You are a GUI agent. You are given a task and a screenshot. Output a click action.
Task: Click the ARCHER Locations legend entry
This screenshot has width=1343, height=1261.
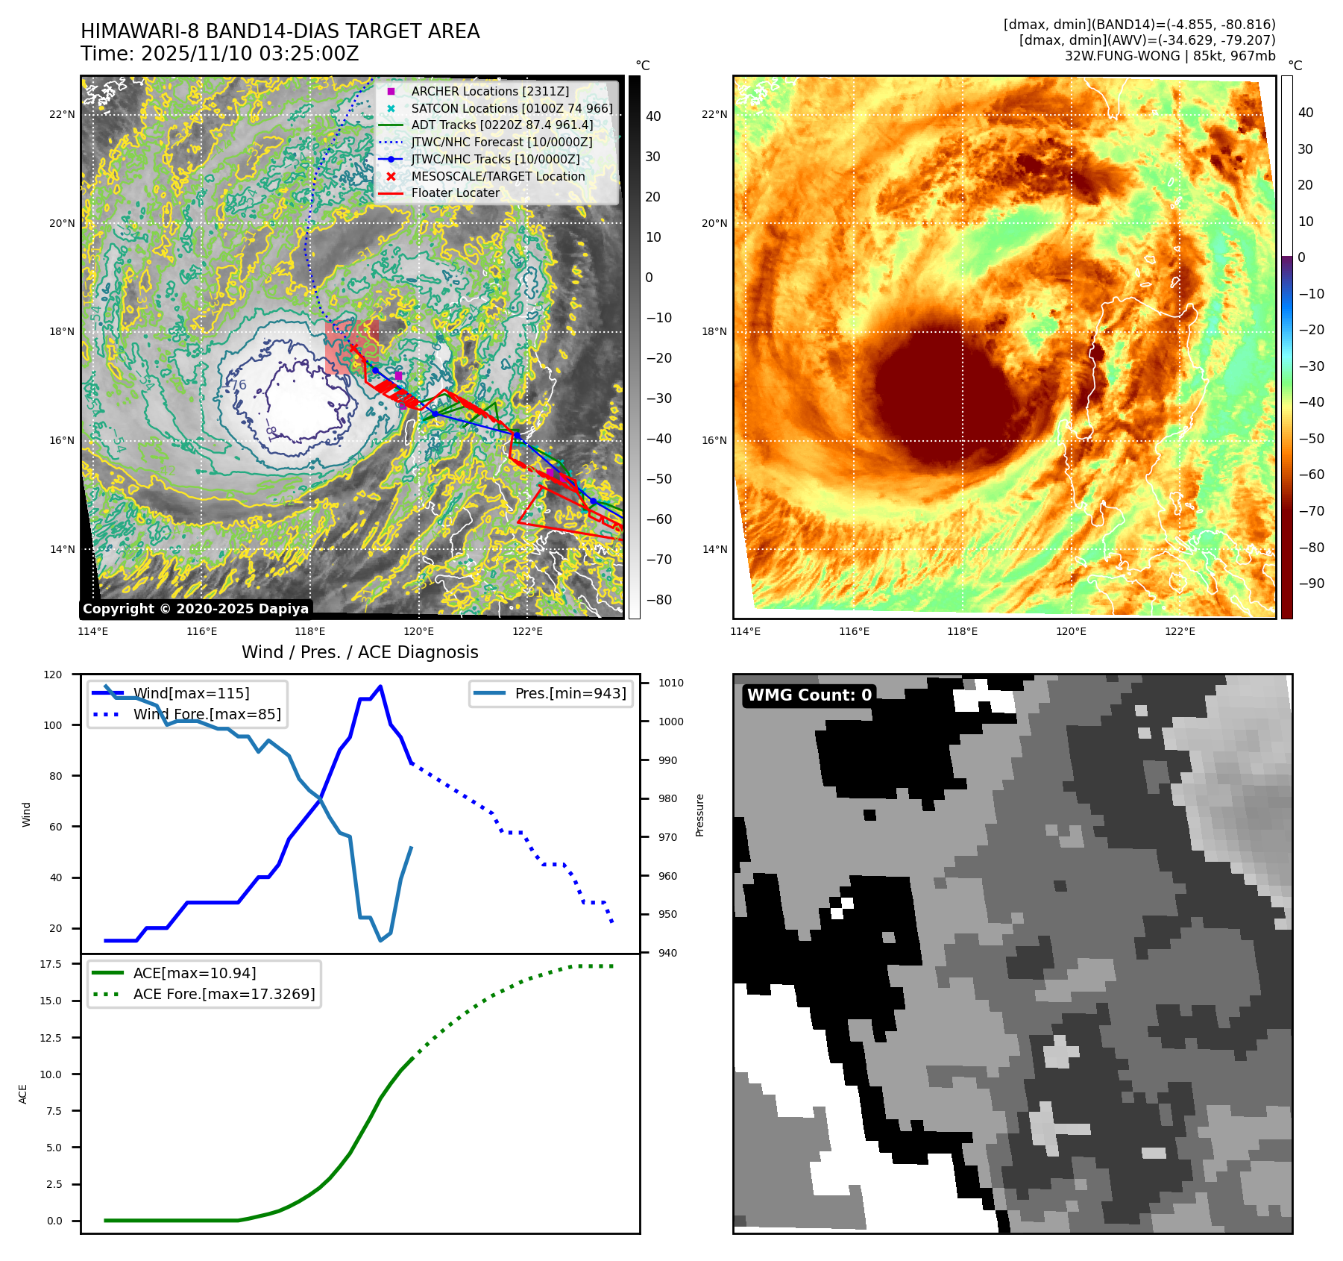pos(490,91)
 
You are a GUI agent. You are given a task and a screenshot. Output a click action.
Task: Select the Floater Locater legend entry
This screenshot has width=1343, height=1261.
pos(455,193)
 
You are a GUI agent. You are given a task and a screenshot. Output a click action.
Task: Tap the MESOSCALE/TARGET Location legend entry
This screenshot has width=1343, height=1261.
pos(497,176)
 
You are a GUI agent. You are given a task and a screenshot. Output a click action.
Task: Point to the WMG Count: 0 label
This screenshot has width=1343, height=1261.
pos(809,695)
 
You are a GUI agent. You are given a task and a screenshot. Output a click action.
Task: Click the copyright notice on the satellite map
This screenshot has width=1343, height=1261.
pos(195,609)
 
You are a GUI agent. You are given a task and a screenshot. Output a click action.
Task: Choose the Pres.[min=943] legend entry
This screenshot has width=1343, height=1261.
pos(570,693)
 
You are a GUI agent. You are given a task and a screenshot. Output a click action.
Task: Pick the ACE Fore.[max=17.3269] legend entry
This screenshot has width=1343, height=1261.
pos(224,994)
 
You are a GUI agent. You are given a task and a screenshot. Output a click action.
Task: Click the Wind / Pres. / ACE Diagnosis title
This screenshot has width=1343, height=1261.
pos(359,652)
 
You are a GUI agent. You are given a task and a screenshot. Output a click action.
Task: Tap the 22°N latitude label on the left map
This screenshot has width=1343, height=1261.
pos(63,114)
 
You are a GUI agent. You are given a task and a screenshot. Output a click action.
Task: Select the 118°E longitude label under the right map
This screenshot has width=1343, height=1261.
pos(962,631)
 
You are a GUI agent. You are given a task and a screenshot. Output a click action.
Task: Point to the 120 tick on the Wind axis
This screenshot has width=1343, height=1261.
pos(53,675)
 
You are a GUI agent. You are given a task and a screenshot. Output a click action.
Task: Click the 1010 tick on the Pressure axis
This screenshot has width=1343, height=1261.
pos(670,683)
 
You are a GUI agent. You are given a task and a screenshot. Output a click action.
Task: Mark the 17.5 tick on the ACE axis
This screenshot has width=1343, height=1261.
pos(51,964)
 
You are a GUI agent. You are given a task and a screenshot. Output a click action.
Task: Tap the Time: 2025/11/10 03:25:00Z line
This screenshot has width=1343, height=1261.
pos(220,54)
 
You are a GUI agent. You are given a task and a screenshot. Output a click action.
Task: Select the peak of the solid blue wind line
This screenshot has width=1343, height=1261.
pos(380,686)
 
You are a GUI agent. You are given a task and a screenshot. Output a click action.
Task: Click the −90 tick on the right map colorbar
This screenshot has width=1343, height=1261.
pos(1311,583)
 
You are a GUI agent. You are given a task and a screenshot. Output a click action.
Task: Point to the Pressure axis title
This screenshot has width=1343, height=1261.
pos(699,815)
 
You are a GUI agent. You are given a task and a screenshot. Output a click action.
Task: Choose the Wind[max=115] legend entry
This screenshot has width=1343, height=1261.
pos(191,693)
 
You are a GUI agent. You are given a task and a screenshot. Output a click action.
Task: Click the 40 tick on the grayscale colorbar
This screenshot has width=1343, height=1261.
pos(653,116)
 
